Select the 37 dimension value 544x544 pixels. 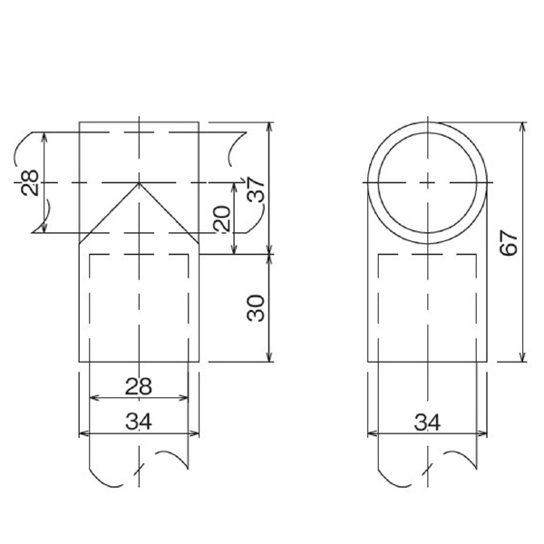(x=257, y=189)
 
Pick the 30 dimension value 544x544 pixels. (x=256, y=308)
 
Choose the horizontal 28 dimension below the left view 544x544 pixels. (x=138, y=386)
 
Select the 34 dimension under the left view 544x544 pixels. (x=138, y=421)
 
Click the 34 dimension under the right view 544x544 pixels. (x=426, y=421)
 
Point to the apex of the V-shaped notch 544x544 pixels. (x=138, y=183)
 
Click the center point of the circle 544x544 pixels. (x=426, y=181)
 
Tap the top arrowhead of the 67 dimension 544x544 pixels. (x=522, y=123)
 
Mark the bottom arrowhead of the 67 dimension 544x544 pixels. (x=522, y=360)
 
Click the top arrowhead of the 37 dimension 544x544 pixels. (x=269, y=123)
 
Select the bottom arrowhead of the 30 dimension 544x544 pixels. (x=269, y=360)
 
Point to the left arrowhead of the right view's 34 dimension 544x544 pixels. (x=368, y=432)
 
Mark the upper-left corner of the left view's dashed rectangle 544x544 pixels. (x=90, y=256)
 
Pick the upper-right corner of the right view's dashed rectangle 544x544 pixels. (x=476, y=256)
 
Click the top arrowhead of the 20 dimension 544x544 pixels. (x=235, y=184)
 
